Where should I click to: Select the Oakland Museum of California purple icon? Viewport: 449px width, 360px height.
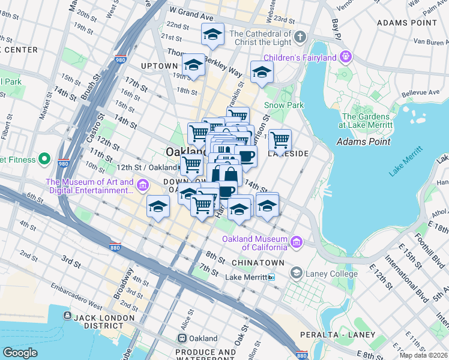295,242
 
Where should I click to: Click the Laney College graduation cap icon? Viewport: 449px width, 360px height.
295,274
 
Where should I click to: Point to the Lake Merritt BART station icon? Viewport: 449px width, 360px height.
271,277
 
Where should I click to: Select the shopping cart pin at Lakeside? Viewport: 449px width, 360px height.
280,140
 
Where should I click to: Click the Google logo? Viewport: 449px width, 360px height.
20,353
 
